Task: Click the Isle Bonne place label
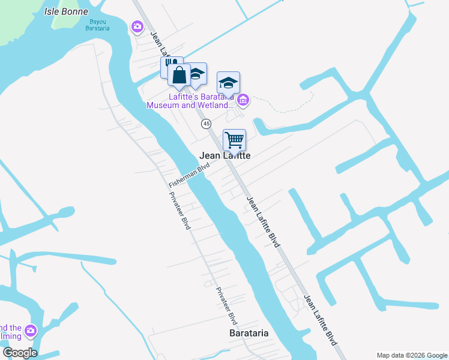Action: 66,11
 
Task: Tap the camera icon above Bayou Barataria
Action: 137,26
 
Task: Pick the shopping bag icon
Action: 179,75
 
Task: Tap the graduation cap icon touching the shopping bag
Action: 196,74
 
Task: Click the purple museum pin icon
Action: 243,100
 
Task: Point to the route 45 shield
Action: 206,123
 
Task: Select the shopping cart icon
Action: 234,140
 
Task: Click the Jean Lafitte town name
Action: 224,155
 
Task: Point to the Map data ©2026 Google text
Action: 411,355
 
